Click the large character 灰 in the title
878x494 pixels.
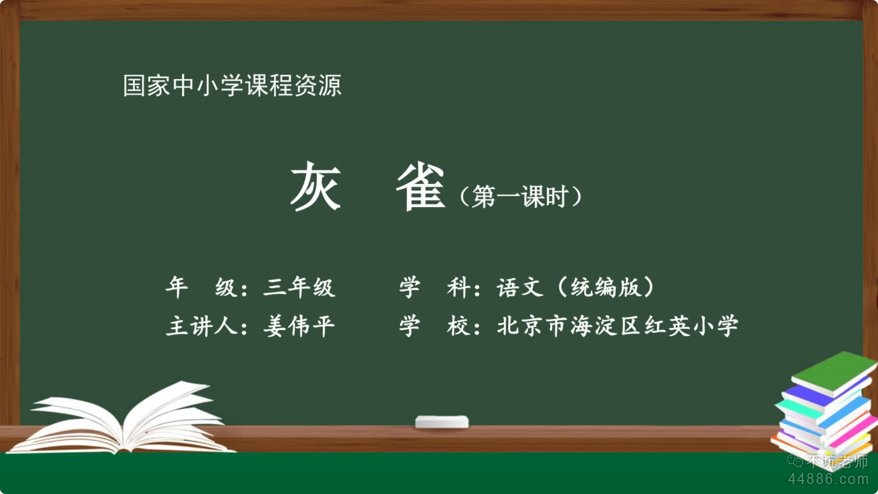[315, 186]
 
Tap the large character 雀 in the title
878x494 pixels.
[421, 186]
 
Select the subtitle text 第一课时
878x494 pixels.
[520, 196]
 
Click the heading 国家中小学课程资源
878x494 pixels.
[232, 85]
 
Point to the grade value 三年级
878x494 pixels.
[299, 287]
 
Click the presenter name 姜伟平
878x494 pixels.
[299, 326]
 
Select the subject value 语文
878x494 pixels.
[520, 287]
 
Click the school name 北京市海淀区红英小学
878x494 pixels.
[617, 326]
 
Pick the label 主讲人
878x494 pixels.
[202, 326]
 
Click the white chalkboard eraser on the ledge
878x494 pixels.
[442, 422]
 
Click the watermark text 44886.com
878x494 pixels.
[828, 479]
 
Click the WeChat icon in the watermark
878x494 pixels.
[795, 461]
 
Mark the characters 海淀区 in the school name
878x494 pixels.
[606, 326]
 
